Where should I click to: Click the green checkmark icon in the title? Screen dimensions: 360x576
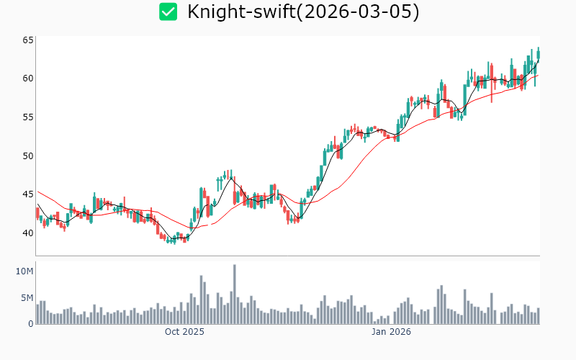click(168, 12)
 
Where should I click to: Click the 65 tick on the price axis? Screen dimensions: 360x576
click(27, 40)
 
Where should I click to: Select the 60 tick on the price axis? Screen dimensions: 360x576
click(27, 78)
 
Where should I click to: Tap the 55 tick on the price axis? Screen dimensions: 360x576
click(27, 117)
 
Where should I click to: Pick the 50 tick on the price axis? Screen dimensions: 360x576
click(27, 156)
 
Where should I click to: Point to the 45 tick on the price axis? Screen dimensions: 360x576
click(27, 194)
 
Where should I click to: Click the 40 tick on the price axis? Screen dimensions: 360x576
click(27, 233)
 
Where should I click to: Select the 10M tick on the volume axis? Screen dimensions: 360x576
click(24, 271)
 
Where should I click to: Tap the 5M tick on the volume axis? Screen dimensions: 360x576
click(26, 297)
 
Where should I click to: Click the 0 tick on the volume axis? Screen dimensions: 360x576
click(30, 323)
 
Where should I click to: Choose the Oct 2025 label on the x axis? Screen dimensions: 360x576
click(184, 332)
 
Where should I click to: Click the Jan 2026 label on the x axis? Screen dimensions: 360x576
click(391, 332)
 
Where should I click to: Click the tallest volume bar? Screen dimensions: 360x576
click(234, 294)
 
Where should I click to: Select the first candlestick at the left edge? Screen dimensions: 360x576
click(37, 213)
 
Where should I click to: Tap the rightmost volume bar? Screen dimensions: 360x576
click(538, 316)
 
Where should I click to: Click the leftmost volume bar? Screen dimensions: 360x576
click(37, 314)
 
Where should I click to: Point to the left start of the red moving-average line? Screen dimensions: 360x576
click(37, 192)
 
